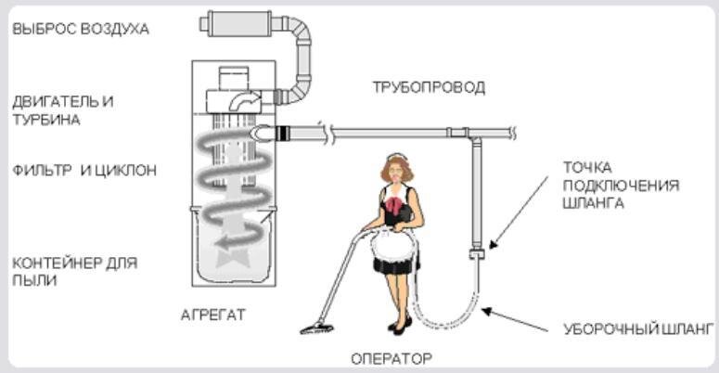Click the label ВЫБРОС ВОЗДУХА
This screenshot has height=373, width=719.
pyautogui.click(x=81, y=29)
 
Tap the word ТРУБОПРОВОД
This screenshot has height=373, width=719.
pyautogui.click(x=429, y=87)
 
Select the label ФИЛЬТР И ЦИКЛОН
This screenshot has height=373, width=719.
pyautogui.click(x=84, y=170)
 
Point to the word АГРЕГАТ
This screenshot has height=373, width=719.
pyautogui.click(x=213, y=315)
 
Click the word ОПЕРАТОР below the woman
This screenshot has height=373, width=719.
pyautogui.click(x=392, y=358)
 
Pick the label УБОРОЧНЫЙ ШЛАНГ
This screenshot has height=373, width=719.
pyautogui.click(x=638, y=329)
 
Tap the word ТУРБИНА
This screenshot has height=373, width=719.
pyautogui.click(x=46, y=120)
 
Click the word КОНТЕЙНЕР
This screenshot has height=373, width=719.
pyautogui.click(x=57, y=264)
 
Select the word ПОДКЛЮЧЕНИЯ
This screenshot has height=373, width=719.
pyautogui.click(x=621, y=186)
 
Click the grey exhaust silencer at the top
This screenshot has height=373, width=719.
pyautogui.click(x=238, y=23)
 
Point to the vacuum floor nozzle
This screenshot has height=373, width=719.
pyautogui.click(x=317, y=328)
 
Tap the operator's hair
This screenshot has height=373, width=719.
pyautogui.click(x=397, y=168)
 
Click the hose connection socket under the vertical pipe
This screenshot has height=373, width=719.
pyautogui.click(x=477, y=253)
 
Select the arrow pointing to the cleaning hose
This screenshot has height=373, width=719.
pyautogui.click(x=515, y=320)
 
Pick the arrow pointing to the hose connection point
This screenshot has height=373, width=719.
pyautogui.click(x=519, y=212)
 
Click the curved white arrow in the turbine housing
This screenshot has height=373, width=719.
pyautogui.click(x=244, y=101)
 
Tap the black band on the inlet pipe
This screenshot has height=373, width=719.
pyautogui.click(x=284, y=133)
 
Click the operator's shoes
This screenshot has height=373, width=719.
pyautogui.click(x=400, y=326)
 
